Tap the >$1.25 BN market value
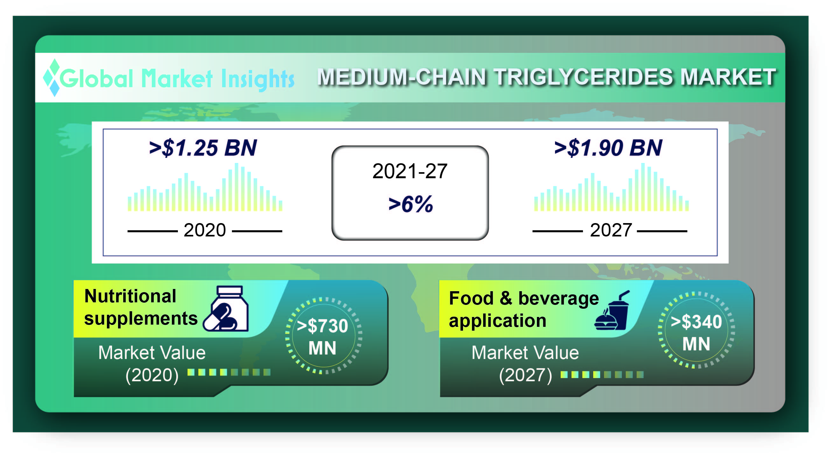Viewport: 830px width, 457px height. (x=203, y=148)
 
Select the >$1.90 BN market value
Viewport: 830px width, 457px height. (x=608, y=148)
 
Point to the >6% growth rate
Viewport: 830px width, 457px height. (x=411, y=204)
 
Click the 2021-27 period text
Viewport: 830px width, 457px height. (x=410, y=171)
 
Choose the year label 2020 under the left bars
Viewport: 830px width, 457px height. (x=205, y=230)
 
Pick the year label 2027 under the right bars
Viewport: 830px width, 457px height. (x=611, y=230)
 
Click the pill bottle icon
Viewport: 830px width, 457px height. (x=226, y=308)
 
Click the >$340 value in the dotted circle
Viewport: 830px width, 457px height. (x=696, y=322)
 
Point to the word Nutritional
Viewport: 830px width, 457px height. (x=130, y=296)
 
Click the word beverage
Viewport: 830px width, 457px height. (x=559, y=299)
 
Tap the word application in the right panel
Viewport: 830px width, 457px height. (x=497, y=321)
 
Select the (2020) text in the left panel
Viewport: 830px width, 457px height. (x=152, y=375)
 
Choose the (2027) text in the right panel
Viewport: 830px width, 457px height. (x=525, y=375)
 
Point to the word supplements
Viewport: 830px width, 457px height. (x=141, y=319)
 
